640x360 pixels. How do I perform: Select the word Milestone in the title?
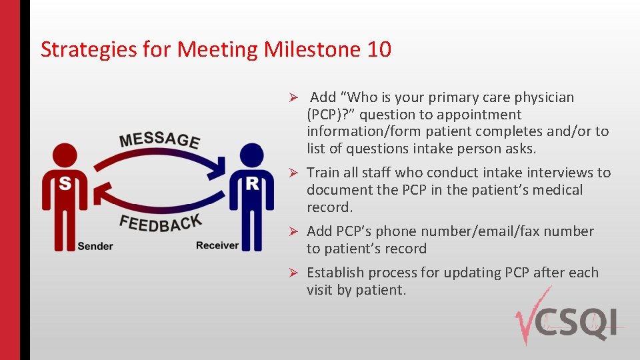[x=312, y=49]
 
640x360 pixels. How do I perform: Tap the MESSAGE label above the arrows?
[x=159, y=139]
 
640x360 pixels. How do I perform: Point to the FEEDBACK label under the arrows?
[x=160, y=223]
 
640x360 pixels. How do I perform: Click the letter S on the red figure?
[x=65, y=183]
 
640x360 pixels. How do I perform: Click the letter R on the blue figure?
[x=252, y=183]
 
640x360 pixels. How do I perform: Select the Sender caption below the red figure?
[x=95, y=246]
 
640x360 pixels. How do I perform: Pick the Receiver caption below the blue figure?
[x=217, y=245]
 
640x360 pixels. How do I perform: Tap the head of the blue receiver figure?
[x=252, y=153]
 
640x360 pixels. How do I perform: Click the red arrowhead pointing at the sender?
[x=101, y=193]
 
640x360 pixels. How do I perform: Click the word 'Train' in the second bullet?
[x=323, y=173]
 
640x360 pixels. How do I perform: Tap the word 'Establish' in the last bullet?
[x=335, y=273]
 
